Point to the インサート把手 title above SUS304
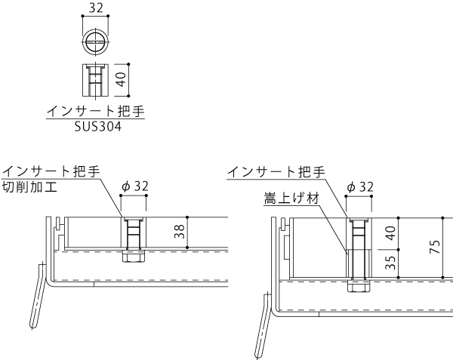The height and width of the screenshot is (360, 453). pos(95,112)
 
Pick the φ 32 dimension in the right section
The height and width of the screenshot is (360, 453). pos(359,186)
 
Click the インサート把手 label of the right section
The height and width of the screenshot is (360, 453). pos(276,171)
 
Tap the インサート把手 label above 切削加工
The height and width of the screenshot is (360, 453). pos(51,171)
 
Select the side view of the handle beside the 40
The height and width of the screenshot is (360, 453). pos(95,79)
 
